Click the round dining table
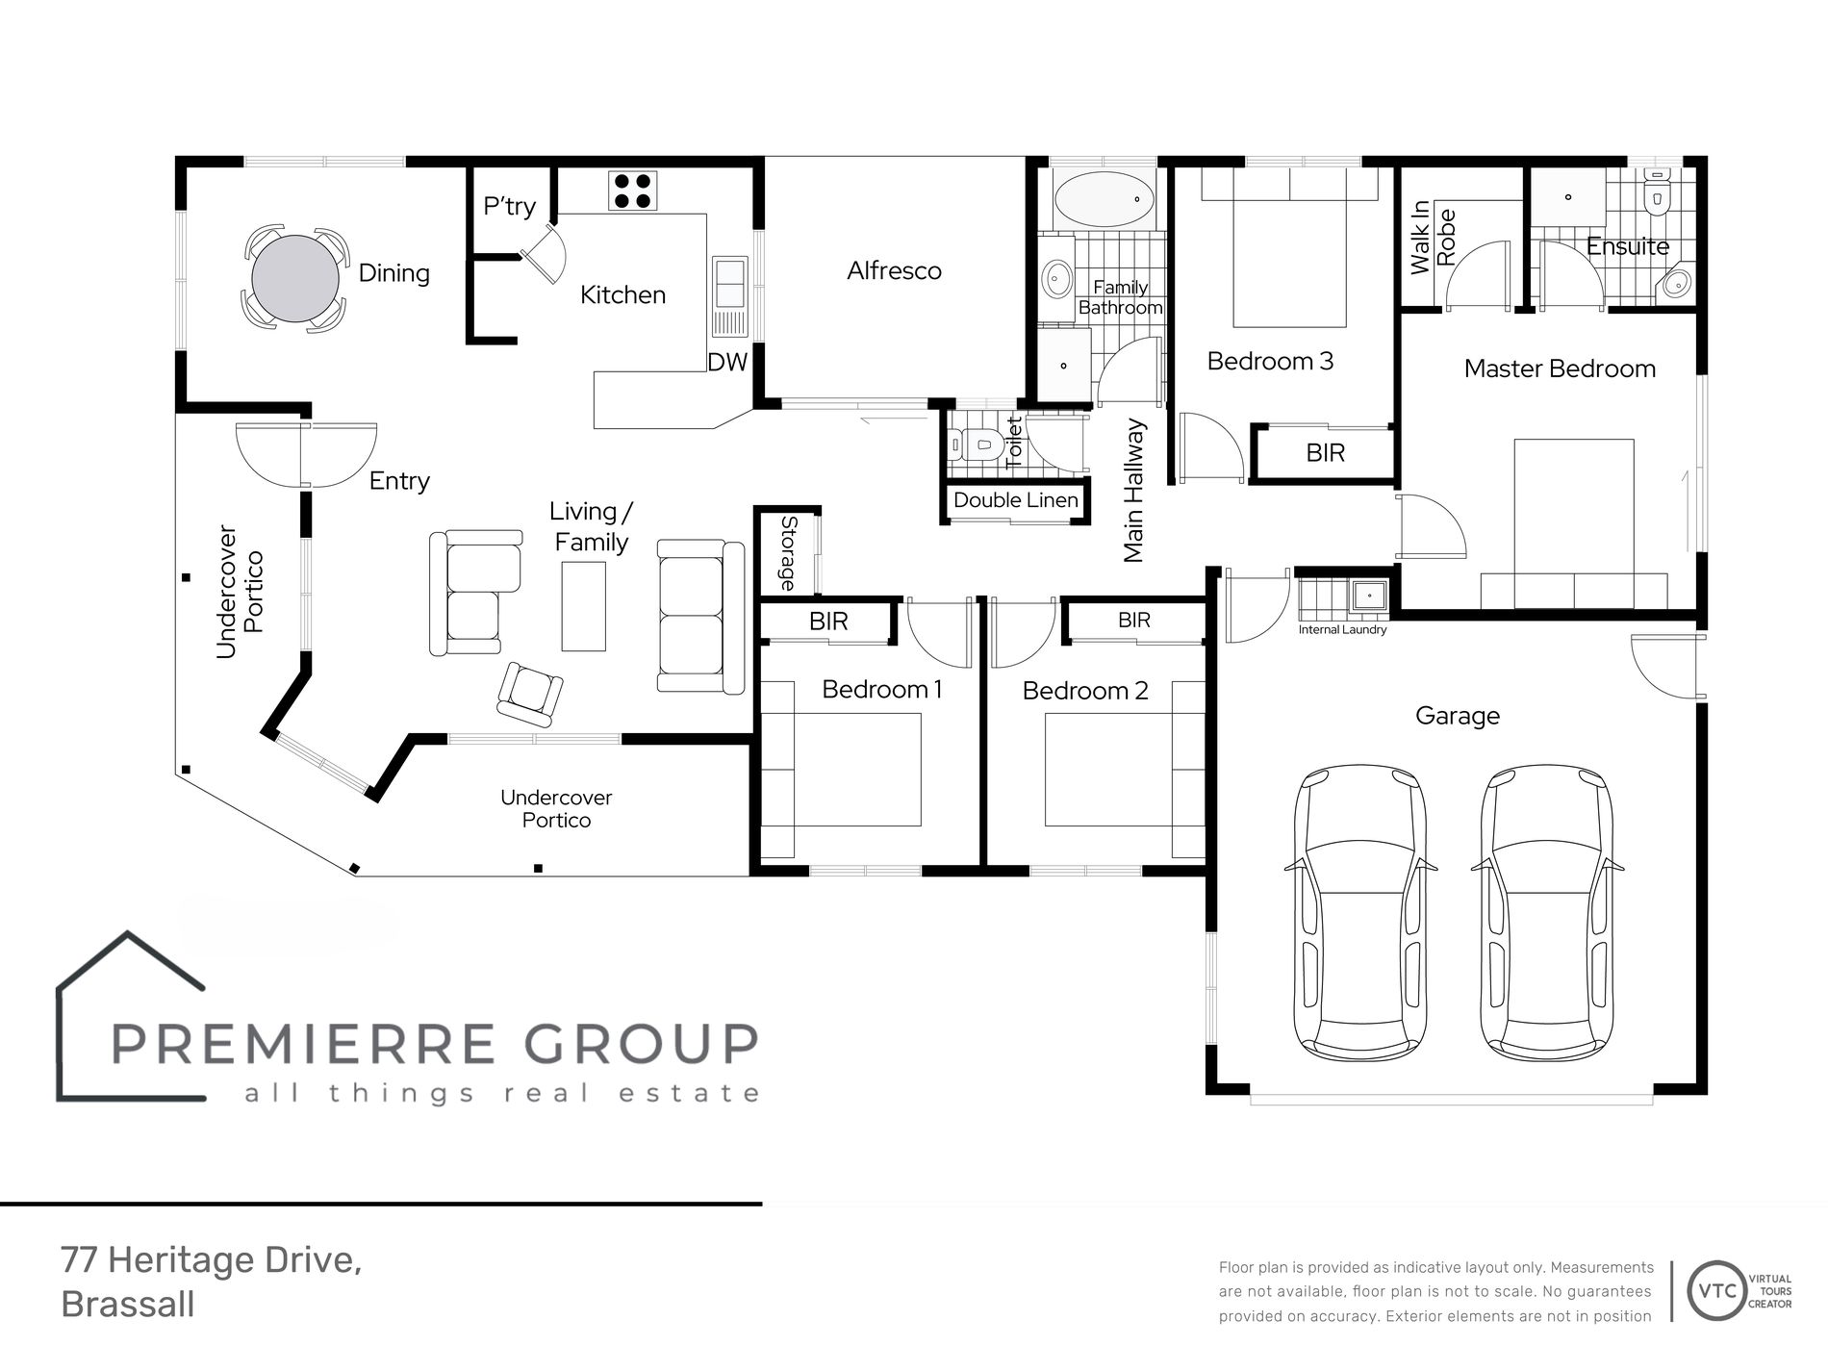(x=295, y=279)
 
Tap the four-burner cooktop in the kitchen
(x=632, y=190)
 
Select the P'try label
(x=509, y=207)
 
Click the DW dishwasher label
(x=727, y=362)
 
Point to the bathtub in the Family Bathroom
(x=1104, y=199)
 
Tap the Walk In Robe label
(x=1433, y=237)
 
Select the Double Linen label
(x=1016, y=500)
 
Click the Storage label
(x=788, y=553)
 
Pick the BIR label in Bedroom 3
(x=1325, y=453)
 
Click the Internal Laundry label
(x=1342, y=629)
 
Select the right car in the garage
(x=1547, y=911)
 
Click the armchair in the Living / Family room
(x=529, y=695)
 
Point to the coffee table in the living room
(x=584, y=606)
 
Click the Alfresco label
(x=894, y=271)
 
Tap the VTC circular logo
(x=1717, y=1291)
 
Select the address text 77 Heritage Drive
(x=211, y=1260)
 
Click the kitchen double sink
(x=728, y=296)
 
